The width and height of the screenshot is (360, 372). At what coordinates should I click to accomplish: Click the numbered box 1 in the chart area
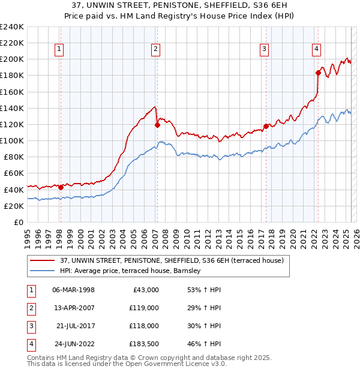[x=60, y=50]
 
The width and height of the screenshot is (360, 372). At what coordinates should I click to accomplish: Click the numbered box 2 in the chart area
[x=155, y=50]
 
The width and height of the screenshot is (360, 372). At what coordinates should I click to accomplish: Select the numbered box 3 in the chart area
[x=265, y=50]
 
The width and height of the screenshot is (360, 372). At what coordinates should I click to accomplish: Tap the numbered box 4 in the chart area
[x=316, y=50]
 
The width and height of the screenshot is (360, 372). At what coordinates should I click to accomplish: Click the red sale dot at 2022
[x=318, y=73]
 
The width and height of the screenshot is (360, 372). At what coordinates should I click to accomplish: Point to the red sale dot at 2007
[x=157, y=125]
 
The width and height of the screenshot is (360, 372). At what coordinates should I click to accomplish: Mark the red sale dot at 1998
[x=61, y=187]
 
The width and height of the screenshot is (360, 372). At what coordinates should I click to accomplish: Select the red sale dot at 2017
[x=266, y=126]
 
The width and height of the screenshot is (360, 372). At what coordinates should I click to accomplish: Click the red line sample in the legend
[x=43, y=260]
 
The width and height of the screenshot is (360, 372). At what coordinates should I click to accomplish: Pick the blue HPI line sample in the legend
[x=43, y=271]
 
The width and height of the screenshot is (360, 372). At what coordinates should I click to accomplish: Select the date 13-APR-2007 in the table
[x=73, y=308]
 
